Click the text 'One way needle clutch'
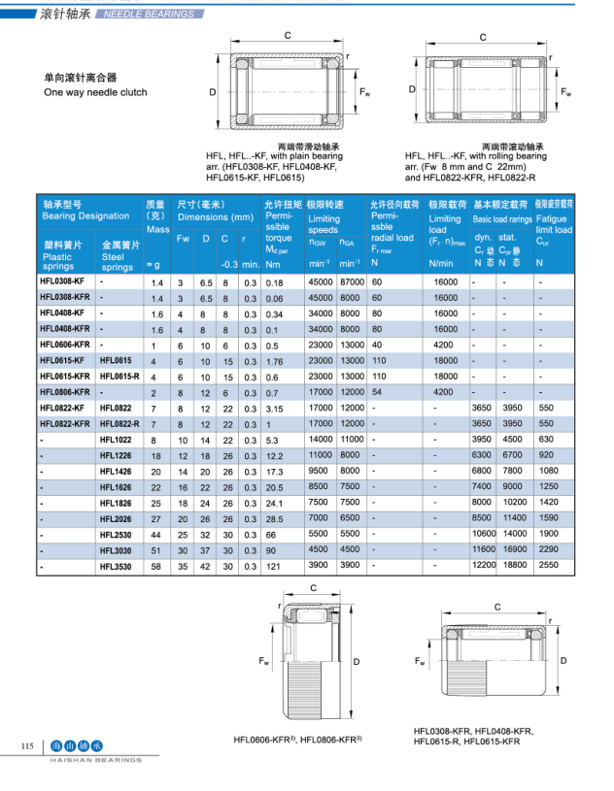pos(95,92)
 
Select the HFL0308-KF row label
pos(62,281)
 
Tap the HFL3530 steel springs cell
pos(115,564)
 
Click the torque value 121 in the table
pos(274,564)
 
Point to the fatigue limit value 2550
pos(549,564)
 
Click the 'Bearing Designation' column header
pos(85,216)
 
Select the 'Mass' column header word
pos(157,229)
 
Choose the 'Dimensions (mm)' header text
pos(215,217)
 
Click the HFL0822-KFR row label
pos(65,423)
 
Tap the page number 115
pos(27,745)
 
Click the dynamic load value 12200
pos(484,564)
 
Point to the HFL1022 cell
pos(115,439)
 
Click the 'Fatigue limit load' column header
pos(554,224)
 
